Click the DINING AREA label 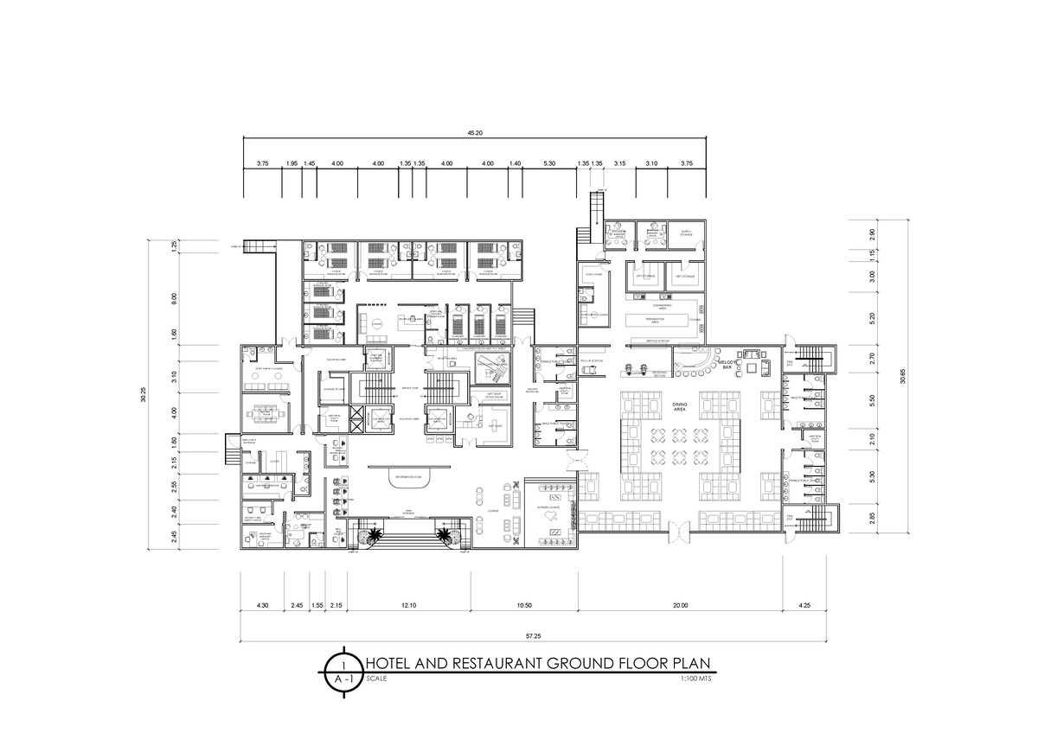[679, 409]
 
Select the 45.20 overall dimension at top [475, 133]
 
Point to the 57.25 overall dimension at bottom [539, 635]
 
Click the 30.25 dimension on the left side [144, 393]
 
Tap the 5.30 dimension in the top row [549, 163]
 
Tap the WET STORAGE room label [686, 277]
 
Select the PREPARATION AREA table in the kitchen [661, 320]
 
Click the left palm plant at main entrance [374, 536]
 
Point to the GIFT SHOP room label [496, 426]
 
